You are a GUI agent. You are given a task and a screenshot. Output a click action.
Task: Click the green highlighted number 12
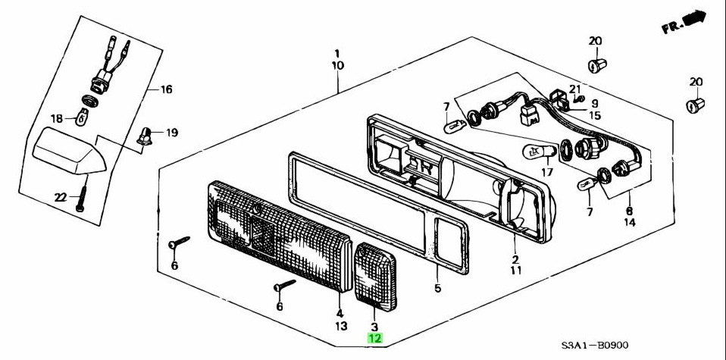pyautogui.click(x=375, y=339)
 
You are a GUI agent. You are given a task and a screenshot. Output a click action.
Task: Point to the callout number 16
pyautogui.click(x=165, y=89)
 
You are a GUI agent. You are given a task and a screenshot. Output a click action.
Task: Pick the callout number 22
pyautogui.click(x=61, y=198)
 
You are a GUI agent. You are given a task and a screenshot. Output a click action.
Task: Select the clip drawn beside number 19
pyautogui.click(x=144, y=136)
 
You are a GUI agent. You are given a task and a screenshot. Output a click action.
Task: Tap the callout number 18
pyautogui.click(x=58, y=117)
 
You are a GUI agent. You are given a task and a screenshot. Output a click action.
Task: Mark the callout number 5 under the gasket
pyautogui.click(x=437, y=288)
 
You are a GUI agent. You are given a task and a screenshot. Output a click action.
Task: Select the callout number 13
pyautogui.click(x=341, y=326)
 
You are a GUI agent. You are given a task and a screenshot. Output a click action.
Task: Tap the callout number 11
pyautogui.click(x=515, y=269)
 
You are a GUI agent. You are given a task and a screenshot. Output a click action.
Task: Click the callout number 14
pyautogui.click(x=630, y=224)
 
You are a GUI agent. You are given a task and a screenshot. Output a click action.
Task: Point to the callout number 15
pyautogui.click(x=594, y=115)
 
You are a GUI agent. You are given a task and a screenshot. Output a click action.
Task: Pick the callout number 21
pyautogui.click(x=574, y=89)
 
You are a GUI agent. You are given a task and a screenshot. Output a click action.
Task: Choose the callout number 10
pyautogui.click(x=337, y=66)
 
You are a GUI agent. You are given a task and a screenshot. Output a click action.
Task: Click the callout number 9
pyautogui.click(x=594, y=104)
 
